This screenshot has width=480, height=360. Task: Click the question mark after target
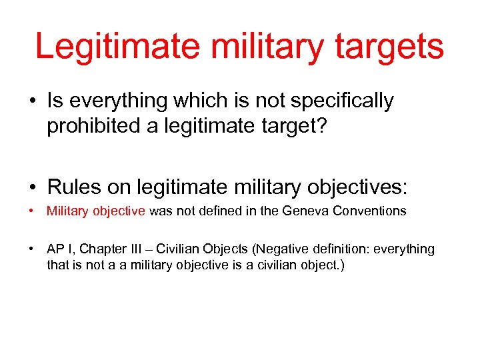pyautogui.click(x=321, y=125)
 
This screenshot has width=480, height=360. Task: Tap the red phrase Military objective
pyautogui.click(x=95, y=211)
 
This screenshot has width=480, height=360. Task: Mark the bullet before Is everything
pyautogui.click(x=32, y=101)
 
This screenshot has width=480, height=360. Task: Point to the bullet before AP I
pyautogui.click(x=32, y=250)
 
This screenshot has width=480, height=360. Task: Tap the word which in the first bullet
pyautogui.click(x=190, y=101)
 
